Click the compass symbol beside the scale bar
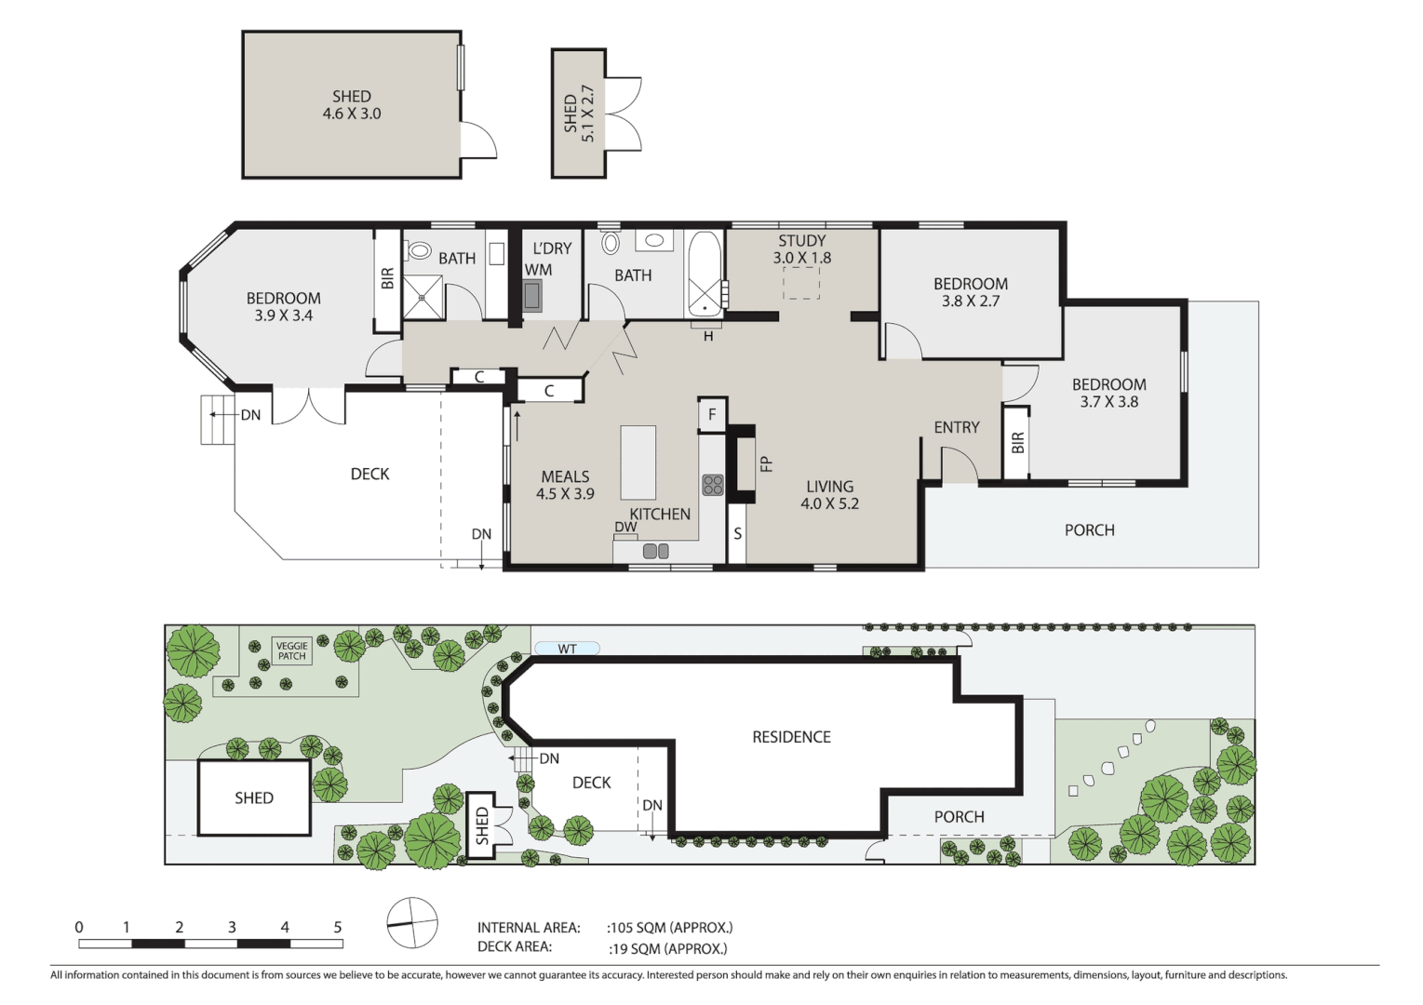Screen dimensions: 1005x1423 (x=411, y=923)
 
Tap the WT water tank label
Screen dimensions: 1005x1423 (x=567, y=649)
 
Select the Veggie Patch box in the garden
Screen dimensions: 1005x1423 (x=291, y=650)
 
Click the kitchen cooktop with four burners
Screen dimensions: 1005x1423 (x=713, y=484)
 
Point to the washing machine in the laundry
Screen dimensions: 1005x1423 (x=532, y=295)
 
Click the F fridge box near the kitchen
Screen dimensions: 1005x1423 (x=712, y=415)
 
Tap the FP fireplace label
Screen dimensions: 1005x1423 (x=766, y=462)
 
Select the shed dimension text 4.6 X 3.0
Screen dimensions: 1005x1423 (x=351, y=114)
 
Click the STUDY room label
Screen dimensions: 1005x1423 (x=801, y=241)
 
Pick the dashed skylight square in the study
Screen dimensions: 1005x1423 (x=800, y=283)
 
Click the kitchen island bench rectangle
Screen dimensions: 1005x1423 (x=638, y=462)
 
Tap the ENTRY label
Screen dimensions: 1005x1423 (x=956, y=427)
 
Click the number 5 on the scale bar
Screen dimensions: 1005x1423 (x=337, y=927)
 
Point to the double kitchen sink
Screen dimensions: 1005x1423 (x=655, y=552)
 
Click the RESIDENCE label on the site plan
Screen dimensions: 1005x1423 (x=791, y=737)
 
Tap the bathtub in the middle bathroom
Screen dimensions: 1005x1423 (x=704, y=274)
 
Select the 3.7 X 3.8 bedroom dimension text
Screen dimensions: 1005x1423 (x=1108, y=402)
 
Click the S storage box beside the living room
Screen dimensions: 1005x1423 (x=737, y=534)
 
